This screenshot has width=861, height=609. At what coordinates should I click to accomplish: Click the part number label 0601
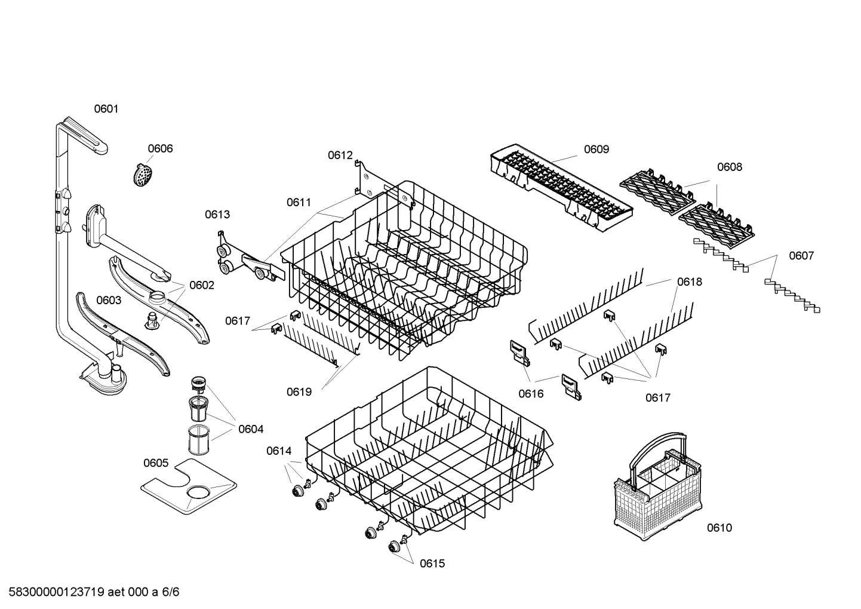click(x=106, y=109)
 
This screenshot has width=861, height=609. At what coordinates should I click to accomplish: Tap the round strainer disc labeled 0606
click(x=143, y=175)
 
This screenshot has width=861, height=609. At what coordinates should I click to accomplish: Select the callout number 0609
click(x=596, y=149)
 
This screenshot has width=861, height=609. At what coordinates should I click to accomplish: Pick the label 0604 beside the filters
click(x=251, y=429)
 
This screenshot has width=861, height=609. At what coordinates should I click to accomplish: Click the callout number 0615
click(x=432, y=564)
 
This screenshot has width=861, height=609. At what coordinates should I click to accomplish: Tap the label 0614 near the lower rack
click(x=279, y=451)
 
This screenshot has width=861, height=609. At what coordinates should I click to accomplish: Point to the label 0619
click(x=299, y=392)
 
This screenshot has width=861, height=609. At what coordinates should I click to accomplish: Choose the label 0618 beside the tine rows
click(x=689, y=281)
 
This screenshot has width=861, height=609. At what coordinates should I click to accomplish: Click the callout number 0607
click(x=801, y=256)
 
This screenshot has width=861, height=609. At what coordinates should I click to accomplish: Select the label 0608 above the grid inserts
click(x=729, y=167)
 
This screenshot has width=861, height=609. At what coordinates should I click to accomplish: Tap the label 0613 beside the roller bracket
click(x=217, y=215)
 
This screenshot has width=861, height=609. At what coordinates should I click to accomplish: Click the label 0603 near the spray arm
click(x=109, y=300)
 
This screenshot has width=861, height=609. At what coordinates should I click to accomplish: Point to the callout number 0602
click(x=201, y=285)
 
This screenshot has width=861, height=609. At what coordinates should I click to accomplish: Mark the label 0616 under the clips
click(x=531, y=393)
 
